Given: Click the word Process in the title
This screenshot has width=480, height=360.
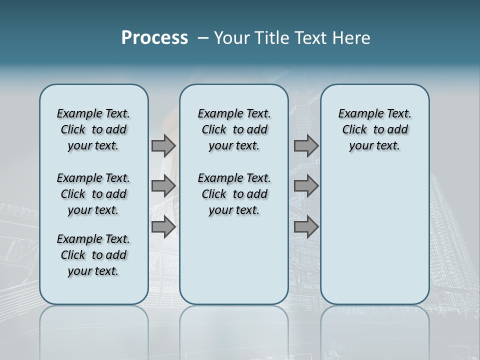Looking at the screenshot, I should [x=154, y=38].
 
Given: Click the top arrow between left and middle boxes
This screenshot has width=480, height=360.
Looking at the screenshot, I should [x=163, y=145].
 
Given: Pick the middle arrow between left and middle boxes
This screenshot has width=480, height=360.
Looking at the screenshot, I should [x=163, y=186].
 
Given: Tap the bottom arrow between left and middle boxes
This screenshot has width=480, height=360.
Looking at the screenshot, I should [x=163, y=227].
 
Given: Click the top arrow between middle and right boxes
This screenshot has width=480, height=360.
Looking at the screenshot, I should [x=306, y=145].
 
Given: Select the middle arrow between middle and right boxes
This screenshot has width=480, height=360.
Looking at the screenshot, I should [x=306, y=186].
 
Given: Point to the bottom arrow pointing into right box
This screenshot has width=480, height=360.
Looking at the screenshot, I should [x=306, y=227].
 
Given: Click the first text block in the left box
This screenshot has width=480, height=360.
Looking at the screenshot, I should [x=93, y=129].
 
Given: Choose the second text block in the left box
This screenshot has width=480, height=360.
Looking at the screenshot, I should [x=93, y=194].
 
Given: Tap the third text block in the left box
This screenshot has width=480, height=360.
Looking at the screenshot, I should [x=93, y=255].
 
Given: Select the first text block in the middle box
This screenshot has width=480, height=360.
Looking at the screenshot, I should [x=234, y=129].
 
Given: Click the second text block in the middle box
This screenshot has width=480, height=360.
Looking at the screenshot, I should [x=234, y=194].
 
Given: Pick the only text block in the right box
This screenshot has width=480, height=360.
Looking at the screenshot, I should [x=374, y=129].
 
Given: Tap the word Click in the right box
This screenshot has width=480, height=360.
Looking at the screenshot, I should [x=354, y=130].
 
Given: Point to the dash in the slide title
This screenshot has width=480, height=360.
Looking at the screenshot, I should [x=203, y=38].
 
